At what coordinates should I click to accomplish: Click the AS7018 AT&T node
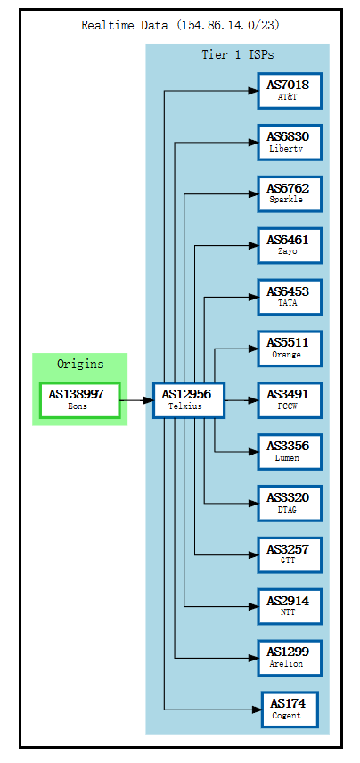[x=289, y=90]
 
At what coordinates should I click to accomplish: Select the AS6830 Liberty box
[x=289, y=142]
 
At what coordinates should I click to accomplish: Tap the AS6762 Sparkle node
[x=289, y=193]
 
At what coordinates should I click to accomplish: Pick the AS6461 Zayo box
[x=289, y=245]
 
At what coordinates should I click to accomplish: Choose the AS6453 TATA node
[x=289, y=297]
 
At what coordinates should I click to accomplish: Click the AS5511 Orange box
[x=289, y=349]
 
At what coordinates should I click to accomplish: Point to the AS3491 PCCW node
[x=289, y=400]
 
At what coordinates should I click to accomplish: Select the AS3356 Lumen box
[x=289, y=452]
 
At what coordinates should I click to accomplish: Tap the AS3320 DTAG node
[x=289, y=504]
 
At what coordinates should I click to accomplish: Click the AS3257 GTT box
[x=289, y=555]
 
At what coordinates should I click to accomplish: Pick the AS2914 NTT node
[x=289, y=607]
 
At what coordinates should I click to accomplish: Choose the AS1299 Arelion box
[x=289, y=659]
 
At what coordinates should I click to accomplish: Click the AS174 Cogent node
[x=289, y=710]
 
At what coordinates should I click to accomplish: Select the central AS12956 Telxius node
[x=188, y=400]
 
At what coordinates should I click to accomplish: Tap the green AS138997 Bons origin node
[x=79, y=400]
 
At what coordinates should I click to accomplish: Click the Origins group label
[x=79, y=364]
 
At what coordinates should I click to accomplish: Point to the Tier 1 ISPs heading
[x=237, y=55]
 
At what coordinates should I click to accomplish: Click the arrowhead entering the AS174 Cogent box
[x=257, y=710]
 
